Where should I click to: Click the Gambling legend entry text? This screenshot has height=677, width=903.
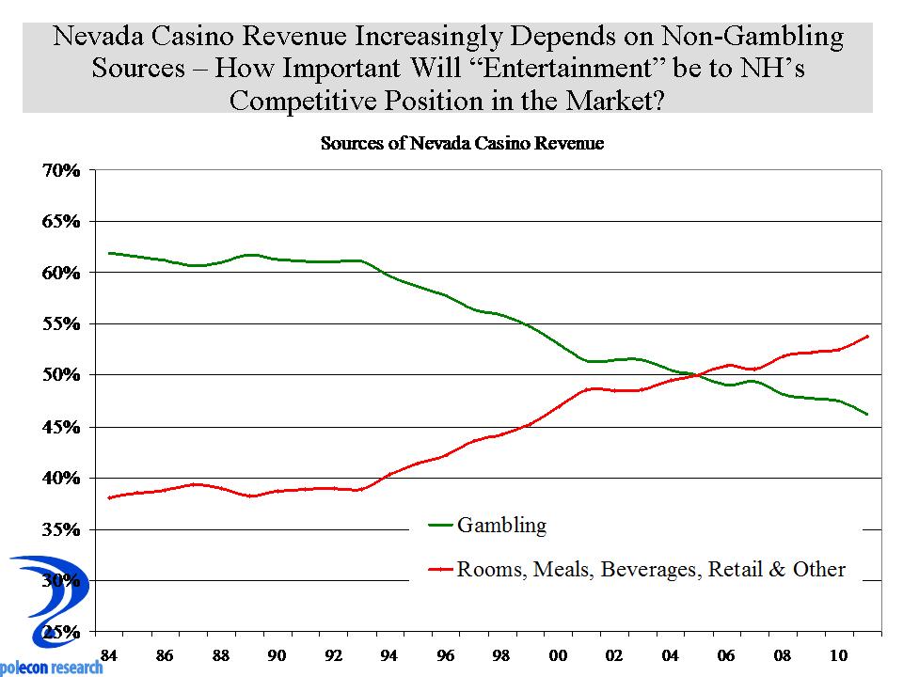pos(501,525)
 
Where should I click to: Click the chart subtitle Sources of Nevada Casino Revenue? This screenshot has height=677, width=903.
pos(462,144)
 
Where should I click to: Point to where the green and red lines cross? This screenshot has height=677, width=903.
pos(698,375)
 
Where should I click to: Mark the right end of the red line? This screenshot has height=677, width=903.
pos(866,336)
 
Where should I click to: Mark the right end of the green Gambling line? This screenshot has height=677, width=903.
pos(866,414)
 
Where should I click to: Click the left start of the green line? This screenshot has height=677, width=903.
pos(109,253)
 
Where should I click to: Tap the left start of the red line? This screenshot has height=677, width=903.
pos(109,497)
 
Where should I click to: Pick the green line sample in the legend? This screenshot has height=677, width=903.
pos(440,526)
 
